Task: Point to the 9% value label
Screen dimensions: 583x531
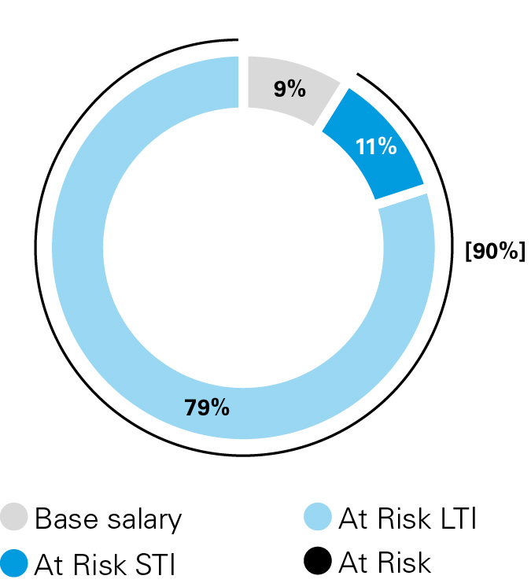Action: tap(289, 90)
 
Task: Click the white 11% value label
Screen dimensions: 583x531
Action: tap(375, 147)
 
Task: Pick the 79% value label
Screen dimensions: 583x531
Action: tap(207, 408)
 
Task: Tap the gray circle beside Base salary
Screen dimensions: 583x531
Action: tap(16, 518)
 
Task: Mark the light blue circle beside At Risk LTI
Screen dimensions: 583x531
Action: tap(317, 518)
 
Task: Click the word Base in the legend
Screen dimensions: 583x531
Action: tap(65, 519)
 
